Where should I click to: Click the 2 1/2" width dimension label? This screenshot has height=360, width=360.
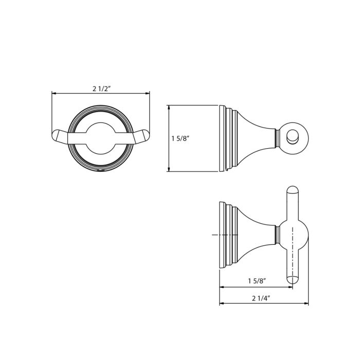(102, 88)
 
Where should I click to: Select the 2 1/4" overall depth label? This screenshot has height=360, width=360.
(261, 298)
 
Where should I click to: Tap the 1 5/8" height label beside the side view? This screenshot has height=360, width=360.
(180, 139)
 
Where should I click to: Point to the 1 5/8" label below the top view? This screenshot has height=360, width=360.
(257, 281)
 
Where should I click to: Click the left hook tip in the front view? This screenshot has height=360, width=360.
(56, 138)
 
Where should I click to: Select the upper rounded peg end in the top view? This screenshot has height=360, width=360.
(293, 191)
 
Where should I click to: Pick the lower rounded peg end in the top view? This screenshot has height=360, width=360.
(293, 280)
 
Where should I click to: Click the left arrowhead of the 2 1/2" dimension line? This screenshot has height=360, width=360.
(54, 93)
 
